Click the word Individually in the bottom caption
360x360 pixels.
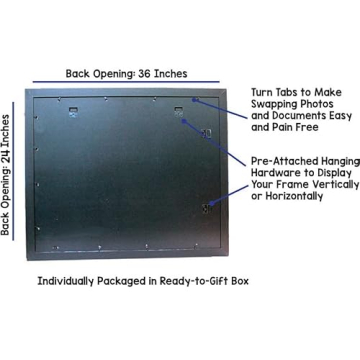click(x=70, y=281)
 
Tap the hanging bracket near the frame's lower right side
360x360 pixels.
click(x=207, y=206)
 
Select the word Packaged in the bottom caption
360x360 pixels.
click(x=131, y=281)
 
